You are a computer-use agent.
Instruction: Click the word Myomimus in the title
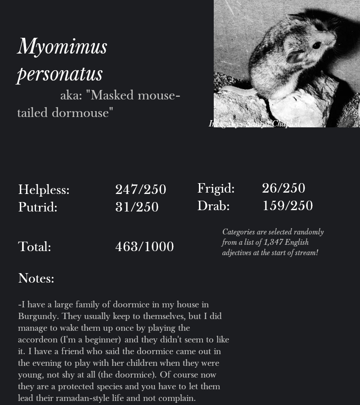(62, 47)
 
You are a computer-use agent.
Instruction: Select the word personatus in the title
(60, 74)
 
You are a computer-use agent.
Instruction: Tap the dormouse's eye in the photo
(316, 45)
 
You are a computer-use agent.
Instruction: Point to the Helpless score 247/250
(140, 190)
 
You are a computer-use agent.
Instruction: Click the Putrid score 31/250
(137, 207)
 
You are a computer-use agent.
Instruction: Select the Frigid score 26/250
(283, 188)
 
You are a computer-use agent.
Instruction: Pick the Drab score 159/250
(287, 206)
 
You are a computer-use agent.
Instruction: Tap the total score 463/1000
(144, 247)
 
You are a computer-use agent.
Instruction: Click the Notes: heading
(36, 279)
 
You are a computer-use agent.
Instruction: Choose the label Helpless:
(44, 190)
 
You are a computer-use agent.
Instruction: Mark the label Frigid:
(216, 188)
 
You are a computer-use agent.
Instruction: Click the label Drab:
(213, 206)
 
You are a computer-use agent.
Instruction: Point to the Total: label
(35, 247)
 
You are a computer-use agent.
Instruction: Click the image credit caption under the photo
(254, 124)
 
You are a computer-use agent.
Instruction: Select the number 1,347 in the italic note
(273, 242)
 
